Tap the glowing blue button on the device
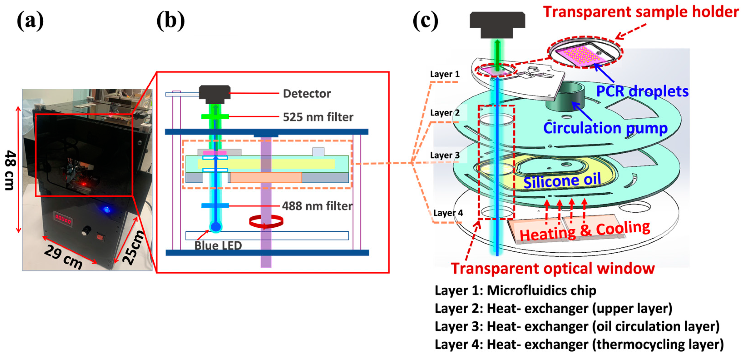pyautogui.click(x=107, y=209)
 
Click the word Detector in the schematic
pyautogui.click(x=307, y=93)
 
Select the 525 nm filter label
pyautogui.click(x=318, y=117)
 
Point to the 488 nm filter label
pyautogui.click(x=317, y=206)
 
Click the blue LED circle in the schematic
pyautogui.click(x=215, y=227)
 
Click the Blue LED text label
pyautogui.click(x=218, y=245)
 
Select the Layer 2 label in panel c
pyautogui.click(x=445, y=113)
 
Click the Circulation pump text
pyautogui.click(x=605, y=128)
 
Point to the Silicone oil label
pyautogui.click(x=562, y=181)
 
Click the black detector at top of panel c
pyautogui.click(x=497, y=24)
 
